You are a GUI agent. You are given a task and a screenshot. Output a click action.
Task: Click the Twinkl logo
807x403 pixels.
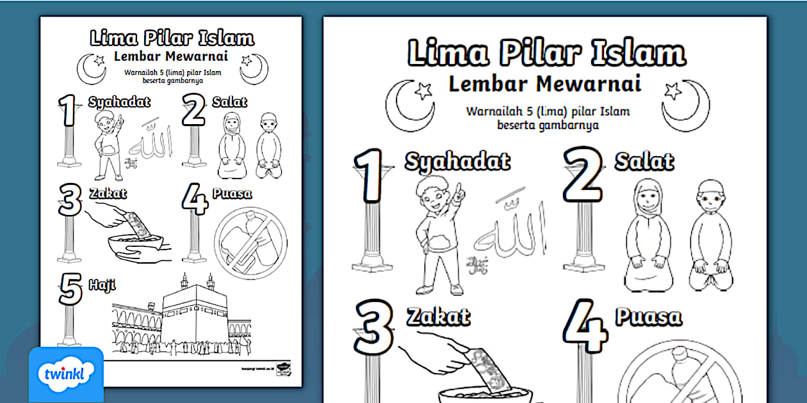pos(66,374)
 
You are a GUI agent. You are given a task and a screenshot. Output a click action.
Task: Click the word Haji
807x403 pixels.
pos(102,283)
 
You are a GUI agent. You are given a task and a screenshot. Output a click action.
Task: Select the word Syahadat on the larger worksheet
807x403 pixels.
pos(457,161)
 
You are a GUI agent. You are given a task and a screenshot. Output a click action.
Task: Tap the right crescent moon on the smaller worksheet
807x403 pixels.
pos(254,68)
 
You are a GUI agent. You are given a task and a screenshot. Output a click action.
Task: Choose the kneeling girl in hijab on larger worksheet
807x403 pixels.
pos(649,234)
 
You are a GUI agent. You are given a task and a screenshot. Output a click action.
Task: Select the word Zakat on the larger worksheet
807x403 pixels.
pos(438,315)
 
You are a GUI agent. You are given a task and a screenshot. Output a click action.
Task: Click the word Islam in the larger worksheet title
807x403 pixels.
pos(637,52)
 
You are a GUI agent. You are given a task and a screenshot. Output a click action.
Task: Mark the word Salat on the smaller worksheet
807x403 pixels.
pos(230,102)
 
